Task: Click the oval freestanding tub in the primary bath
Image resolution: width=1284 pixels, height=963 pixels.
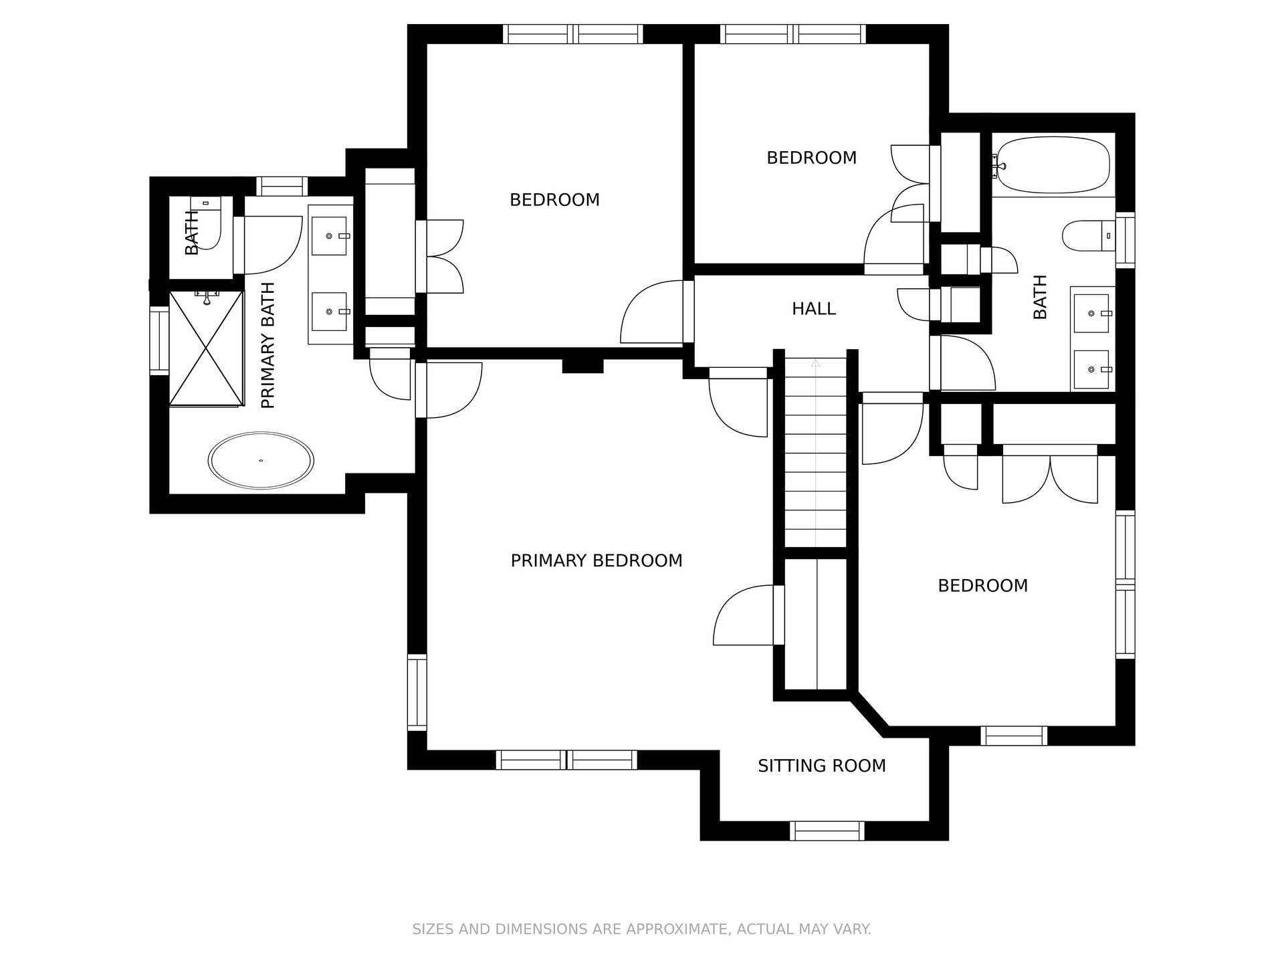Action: pos(261,461)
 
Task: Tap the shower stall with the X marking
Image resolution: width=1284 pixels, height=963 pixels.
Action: pos(206,348)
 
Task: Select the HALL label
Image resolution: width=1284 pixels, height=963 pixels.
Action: pos(814,309)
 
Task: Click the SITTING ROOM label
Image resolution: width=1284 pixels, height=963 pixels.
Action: pos(822,766)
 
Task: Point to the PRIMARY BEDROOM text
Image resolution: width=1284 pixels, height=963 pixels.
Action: pos(597,560)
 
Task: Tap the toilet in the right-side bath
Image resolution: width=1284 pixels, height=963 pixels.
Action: pos(1089,236)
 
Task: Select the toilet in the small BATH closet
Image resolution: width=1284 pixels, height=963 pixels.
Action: pos(205,223)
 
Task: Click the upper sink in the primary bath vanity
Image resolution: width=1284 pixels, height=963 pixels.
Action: pos(330,236)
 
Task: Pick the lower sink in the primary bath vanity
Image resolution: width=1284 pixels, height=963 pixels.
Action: pos(330,312)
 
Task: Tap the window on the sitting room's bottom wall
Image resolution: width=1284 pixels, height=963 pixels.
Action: pos(827,831)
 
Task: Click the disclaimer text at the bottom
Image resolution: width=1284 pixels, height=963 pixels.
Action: pos(641,929)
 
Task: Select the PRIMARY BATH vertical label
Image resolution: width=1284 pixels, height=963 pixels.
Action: pos(268,346)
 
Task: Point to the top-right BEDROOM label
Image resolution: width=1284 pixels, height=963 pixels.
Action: pos(811,158)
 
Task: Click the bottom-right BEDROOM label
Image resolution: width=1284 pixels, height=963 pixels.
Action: pos(982,586)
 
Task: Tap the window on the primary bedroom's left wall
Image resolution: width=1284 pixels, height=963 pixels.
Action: pos(417,692)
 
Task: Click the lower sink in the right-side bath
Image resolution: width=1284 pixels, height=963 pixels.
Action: pos(1091,369)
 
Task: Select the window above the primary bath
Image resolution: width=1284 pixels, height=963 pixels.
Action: pos(282,186)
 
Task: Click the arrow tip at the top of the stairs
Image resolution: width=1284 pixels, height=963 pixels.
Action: pos(815,360)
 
